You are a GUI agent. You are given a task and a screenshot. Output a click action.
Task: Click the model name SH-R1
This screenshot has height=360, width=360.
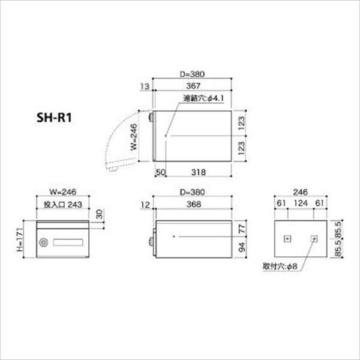point(55,118)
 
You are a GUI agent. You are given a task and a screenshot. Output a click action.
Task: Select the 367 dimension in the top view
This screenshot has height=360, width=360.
point(193,86)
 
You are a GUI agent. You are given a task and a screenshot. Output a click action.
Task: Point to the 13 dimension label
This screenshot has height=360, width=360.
point(144,86)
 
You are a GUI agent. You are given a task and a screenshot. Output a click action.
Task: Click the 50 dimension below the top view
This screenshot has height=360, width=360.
point(160,172)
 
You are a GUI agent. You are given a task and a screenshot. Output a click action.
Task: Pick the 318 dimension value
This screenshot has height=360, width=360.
point(199,172)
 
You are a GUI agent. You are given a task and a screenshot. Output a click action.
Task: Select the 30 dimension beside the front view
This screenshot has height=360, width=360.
point(99,214)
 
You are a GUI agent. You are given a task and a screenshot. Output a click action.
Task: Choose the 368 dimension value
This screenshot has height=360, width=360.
point(193,205)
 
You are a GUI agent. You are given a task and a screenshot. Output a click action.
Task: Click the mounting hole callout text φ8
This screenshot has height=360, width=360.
point(284,264)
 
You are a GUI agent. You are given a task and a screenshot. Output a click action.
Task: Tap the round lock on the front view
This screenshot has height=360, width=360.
point(43,243)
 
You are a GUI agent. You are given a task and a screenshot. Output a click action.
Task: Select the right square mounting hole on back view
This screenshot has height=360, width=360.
point(314,239)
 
